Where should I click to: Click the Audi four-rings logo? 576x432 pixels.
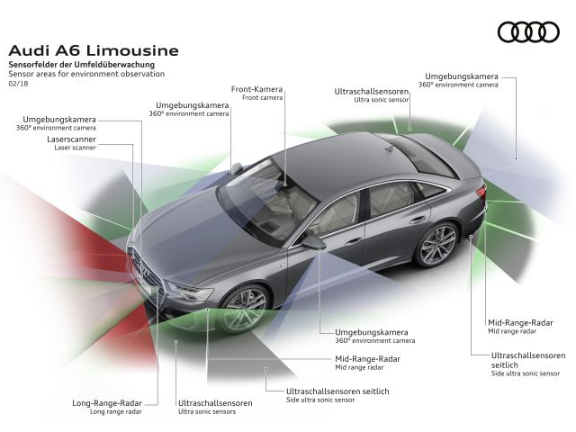[x=528, y=31]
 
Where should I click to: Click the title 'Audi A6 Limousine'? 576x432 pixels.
[x=94, y=50]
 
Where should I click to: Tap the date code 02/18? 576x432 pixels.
[x=19, y=83]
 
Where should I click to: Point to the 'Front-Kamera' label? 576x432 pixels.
[x=257, y=89]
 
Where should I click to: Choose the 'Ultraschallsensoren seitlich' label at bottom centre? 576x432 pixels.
[x=337, y=391]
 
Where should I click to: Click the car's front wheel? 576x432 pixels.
[x=246, y=308]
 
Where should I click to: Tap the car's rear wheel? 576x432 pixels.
[x=438, y=244]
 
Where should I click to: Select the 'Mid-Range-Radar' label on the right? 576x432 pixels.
[x=520, y=322]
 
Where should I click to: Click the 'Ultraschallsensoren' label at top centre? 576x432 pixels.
[x=370, y=92]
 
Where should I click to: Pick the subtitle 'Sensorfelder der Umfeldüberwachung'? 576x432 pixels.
[x=81, y=65]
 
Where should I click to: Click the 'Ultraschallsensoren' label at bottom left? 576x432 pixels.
[x=215, y=403]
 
